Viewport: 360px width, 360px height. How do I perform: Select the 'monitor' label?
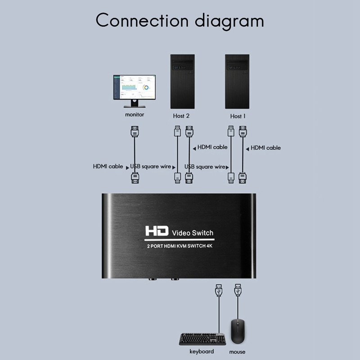[x=135, y=115]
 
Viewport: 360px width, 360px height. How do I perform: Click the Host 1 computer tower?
[x=237, y=81]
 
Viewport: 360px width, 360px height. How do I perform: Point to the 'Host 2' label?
[x=181, y=116]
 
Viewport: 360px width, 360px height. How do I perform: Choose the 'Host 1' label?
[x=238, y=116]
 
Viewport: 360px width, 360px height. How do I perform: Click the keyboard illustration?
[x=202, y=339]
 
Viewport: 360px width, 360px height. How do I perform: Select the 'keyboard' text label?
[x=201, y=351]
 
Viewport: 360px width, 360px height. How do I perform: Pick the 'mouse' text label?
[x=237, y=352]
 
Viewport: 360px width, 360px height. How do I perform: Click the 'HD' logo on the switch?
[x=156, y=232]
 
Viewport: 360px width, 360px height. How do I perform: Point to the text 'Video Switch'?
[x=193, y=233]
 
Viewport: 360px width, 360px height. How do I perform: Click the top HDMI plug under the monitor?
[x=134, y=132]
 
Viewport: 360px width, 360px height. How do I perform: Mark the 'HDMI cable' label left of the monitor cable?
[x=108, y=166]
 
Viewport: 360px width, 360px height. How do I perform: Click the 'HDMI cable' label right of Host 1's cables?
[x=265, y=148]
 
